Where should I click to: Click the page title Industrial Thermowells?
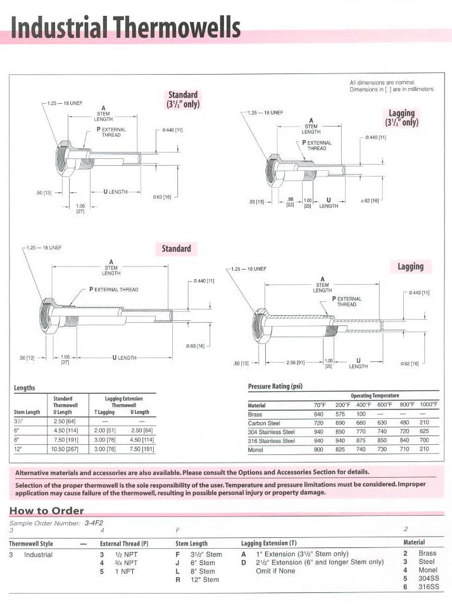tap(125, 28)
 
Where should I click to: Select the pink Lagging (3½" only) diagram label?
tap(401, 118)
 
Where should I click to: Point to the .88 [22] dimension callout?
tap(291, 202)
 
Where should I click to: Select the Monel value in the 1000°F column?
tap(424, 449)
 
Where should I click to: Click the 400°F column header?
tap(363, 404)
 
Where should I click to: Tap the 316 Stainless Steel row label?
tap(272, 440)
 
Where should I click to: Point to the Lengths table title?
tap(25, 387)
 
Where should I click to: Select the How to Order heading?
tap(46, 511)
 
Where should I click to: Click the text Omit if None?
tap(272, 571)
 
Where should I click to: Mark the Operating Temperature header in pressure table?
tap(375, 396)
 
